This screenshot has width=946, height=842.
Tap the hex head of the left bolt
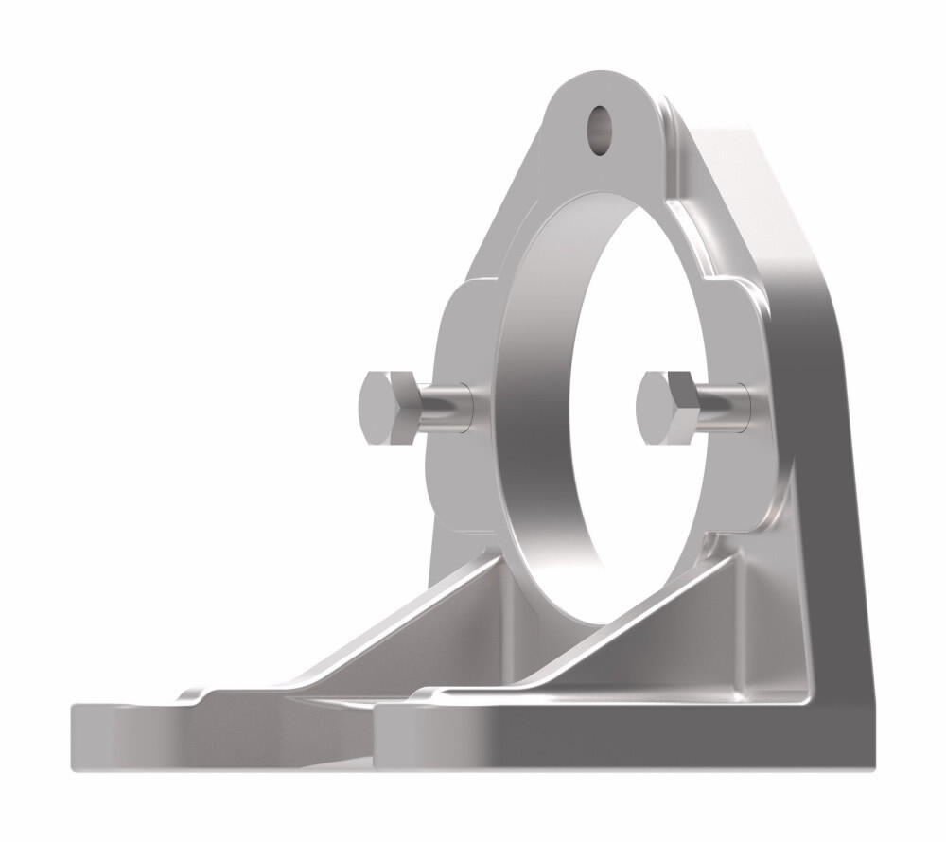[x=382, y=408]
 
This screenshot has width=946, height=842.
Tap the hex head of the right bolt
[x=663, y=408]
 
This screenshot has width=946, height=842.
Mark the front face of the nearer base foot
[x=568, y=738]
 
